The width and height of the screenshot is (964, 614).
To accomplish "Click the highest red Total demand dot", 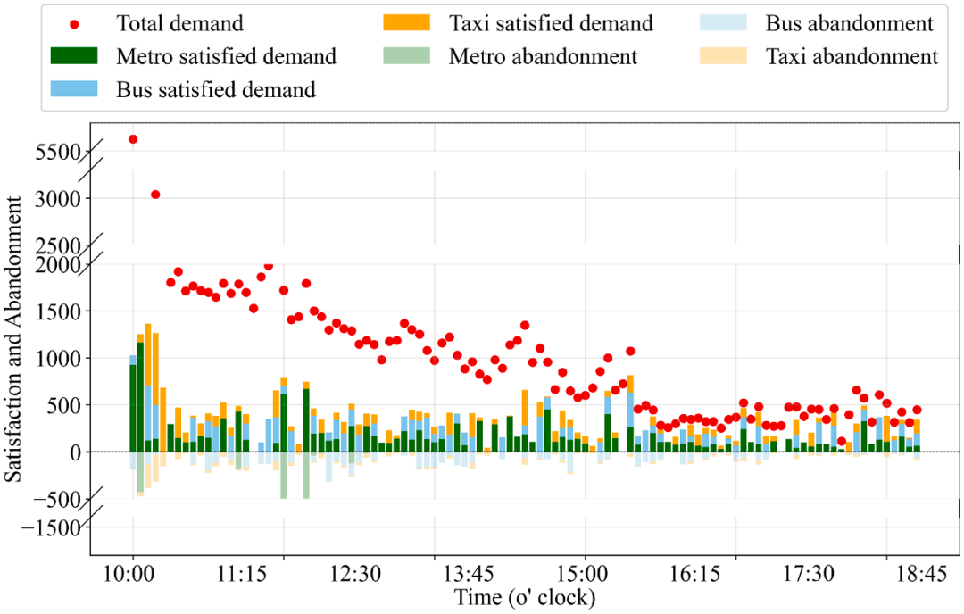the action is (x=133, y=139).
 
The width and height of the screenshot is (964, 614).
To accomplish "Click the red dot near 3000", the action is (x=155, y=195).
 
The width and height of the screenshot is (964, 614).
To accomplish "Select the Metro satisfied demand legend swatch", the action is (x=74, y=56).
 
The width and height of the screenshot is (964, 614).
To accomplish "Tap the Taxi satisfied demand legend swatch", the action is (x=406, y=22).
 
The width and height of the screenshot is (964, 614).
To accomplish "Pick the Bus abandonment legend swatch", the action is (x=724, y=22).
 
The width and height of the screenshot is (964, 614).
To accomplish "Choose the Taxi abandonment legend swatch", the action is (x=724, y=56).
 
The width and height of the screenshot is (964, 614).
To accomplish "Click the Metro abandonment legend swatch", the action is (x=406, y=56).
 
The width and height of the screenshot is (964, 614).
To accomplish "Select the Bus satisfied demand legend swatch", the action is (x=74, y=89).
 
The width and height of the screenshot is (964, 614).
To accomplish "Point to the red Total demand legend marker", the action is (x=74, y=25).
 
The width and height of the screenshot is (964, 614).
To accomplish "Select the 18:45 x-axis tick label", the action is (x=921, y=574).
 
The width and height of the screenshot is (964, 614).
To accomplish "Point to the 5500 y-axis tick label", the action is (x=58, y=152).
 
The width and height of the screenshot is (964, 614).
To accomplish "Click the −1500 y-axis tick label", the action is (x=52, y=528).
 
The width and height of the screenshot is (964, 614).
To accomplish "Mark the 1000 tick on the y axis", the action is (x=58, y=359).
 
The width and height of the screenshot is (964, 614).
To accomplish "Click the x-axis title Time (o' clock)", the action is (x=525, y=597).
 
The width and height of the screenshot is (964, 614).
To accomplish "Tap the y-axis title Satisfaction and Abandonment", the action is (x=12, y=338).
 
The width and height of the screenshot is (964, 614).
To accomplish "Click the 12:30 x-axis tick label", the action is (x=355, y=574).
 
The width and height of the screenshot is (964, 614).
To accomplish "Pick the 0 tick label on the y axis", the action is (x=76, y=453).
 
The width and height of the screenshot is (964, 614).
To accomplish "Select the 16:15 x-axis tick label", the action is (x=694, y=574).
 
